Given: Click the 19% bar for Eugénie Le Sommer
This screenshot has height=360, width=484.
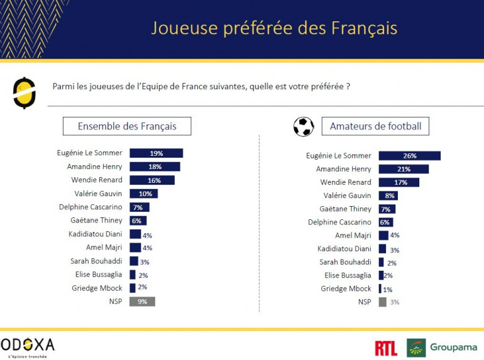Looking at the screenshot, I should click(156, 153).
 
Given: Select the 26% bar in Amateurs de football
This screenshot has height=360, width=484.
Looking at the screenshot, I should click(409, 156).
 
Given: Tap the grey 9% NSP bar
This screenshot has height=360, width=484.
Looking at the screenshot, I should click(142, 302).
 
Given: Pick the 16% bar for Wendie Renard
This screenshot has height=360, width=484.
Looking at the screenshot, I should click(152, 180).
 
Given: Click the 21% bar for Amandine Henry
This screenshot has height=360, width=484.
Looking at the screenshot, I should click(404, 169).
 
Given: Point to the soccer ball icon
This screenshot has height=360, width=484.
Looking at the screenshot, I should click(304, 126).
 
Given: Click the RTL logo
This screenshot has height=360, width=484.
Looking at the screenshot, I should click(385, 348).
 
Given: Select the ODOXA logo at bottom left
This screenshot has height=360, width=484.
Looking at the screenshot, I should click(28, 346).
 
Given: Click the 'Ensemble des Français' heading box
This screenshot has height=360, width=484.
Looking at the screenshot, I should click(127, 126).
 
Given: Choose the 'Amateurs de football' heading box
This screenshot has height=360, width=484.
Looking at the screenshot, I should click(376, 126).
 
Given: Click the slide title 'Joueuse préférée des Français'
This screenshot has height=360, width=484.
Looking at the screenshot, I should click(274, 29).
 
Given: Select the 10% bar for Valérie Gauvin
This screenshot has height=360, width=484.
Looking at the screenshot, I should click(143, 194).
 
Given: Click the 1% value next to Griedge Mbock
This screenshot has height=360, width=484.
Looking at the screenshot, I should click(388, 290).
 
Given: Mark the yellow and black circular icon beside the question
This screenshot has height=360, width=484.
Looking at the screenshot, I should click(24, 92).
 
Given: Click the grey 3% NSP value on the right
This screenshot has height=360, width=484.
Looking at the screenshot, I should click(394, 302).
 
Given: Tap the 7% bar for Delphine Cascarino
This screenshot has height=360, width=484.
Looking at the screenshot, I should click(140, 207).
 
